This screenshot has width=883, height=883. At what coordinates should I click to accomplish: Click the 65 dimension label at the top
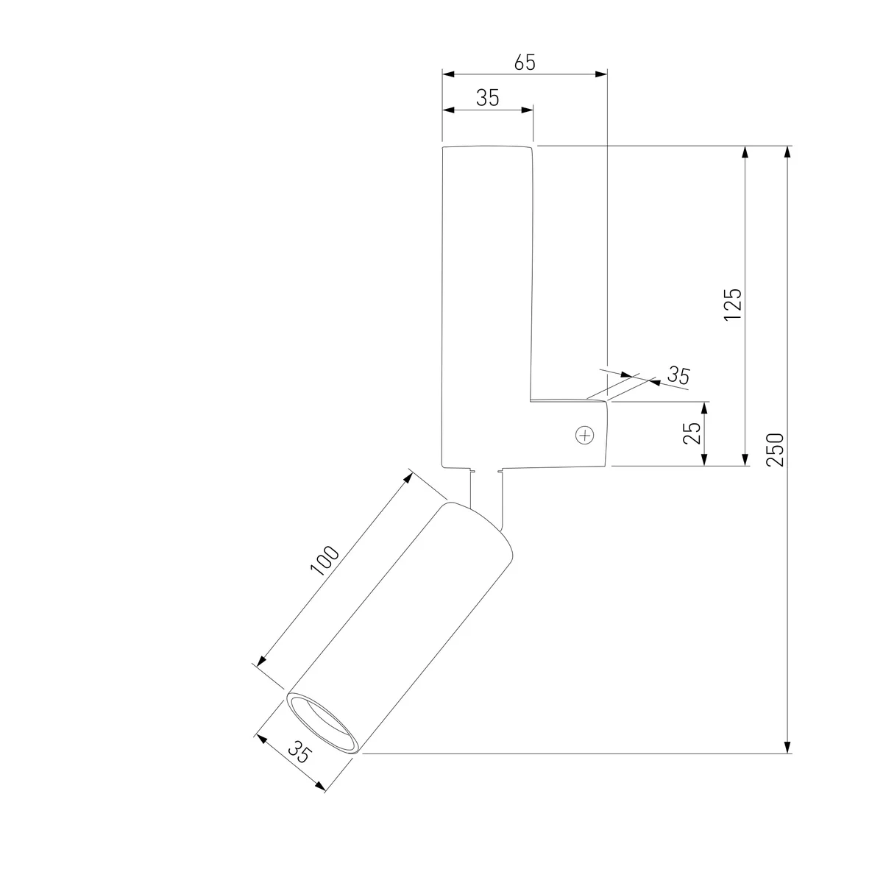point(524,63)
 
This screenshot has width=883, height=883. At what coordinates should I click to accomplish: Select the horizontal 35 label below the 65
point(487,98)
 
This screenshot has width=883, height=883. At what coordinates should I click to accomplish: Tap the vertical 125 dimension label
point(732,305)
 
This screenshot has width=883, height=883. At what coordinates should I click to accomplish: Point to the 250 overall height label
point(775,450)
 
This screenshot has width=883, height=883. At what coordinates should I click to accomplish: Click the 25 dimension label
point(692,433)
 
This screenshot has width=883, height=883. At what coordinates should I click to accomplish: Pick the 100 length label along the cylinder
point(325,561)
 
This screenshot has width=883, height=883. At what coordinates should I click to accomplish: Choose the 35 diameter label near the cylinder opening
point(299,752)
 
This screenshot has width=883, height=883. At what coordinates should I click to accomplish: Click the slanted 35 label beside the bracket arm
point(678,375)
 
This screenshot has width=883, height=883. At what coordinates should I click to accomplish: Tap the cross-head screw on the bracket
point(585,435)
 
